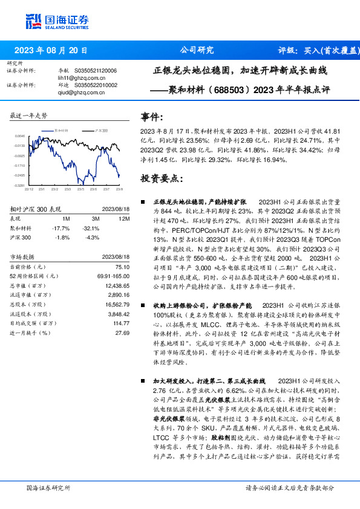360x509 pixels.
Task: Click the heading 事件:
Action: [151, 117]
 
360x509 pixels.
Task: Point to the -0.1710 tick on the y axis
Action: [19, 165]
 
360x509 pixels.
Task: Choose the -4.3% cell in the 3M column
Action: [92, 236]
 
